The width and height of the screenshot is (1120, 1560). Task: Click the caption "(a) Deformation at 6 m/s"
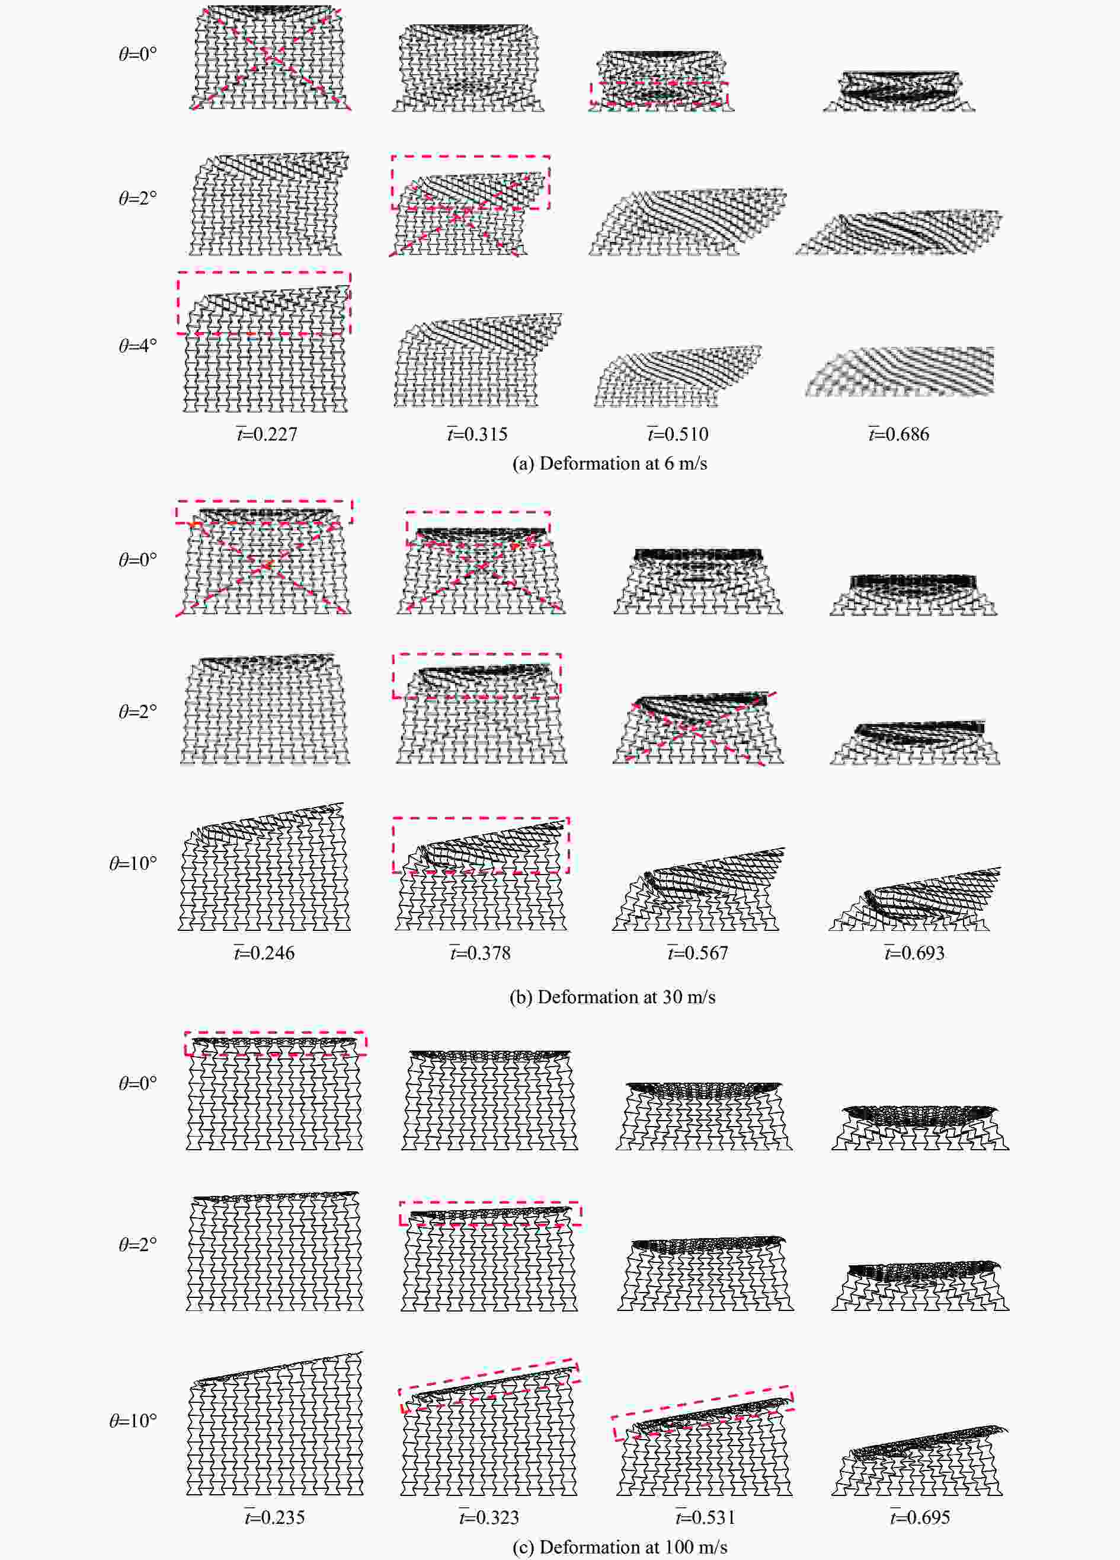point(609,463)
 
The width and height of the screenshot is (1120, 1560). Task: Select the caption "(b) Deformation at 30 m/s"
point(612,997)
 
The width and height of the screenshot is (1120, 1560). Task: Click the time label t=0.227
point(266,434)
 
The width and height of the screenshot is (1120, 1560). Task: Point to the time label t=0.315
point(477,434)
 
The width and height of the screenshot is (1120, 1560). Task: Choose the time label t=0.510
point(677,434)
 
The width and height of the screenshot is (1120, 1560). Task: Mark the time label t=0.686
point(898,434)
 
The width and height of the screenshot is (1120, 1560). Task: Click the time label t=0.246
point(264,953)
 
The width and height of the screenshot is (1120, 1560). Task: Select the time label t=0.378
point(480,953)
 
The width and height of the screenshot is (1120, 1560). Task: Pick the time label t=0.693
point(914,953)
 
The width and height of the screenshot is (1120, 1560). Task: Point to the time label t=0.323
point(489,1517)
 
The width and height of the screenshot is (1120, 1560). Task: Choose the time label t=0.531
point(705,1517)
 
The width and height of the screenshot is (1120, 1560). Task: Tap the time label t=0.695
point(920,1517)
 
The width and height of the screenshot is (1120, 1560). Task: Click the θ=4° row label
point(137,345)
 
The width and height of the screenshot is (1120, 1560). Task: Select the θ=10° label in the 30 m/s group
point(133,863)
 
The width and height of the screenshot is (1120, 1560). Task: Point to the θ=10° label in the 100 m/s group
point(133,1421)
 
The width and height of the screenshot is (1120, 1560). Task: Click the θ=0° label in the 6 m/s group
point(137,53)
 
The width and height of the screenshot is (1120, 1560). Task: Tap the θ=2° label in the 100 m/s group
point(137,1243)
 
